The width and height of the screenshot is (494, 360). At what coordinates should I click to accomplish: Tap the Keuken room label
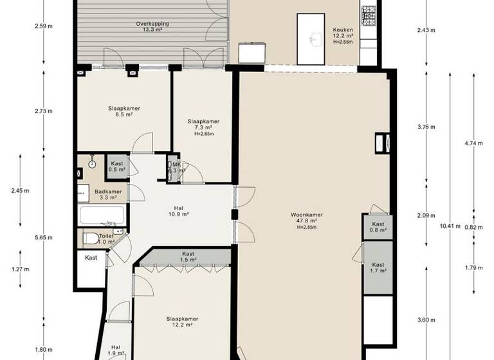[342, 33]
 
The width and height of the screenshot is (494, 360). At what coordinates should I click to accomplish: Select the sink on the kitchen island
[315, 39]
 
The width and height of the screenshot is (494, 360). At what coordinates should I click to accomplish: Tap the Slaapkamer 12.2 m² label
[182, 322]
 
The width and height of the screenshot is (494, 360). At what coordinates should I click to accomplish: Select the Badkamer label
[108, 194]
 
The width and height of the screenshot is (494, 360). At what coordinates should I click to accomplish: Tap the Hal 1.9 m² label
[116, 350]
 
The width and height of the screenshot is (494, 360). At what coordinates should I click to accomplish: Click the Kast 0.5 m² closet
[117, 167]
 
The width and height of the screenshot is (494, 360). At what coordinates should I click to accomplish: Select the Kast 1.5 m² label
[188, 257]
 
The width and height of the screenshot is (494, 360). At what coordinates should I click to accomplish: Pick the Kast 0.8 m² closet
[378, 226]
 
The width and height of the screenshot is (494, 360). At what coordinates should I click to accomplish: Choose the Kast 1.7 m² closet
[378, 267]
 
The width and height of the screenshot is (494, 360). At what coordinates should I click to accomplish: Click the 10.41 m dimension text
[446, 226]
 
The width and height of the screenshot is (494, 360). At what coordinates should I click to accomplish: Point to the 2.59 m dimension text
[44, 26]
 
